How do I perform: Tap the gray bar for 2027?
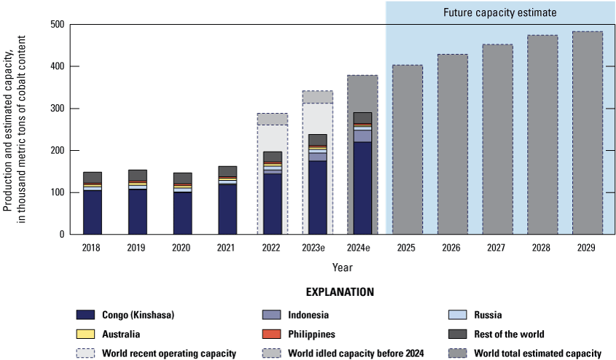(x=496, y=139)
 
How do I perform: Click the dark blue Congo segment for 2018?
(x=92, y=211)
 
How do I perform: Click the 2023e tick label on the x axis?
(x=316, y=248)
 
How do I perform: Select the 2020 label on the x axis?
(x=182, y=248)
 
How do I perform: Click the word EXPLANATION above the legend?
(x=339, y=292)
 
